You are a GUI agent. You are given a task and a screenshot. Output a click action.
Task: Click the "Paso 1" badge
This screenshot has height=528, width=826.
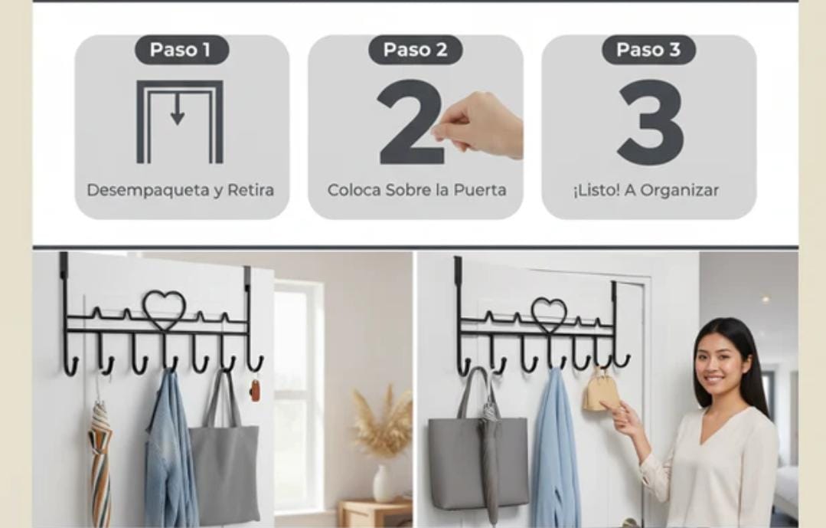[x=181, y=50]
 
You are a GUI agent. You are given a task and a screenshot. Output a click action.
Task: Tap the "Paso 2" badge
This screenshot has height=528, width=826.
[x=415, y=50]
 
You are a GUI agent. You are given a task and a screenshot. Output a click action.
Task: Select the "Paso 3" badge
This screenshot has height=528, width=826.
[x=648, y=50]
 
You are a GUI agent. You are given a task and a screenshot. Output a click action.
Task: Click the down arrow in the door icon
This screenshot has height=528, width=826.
[x=178, y=109]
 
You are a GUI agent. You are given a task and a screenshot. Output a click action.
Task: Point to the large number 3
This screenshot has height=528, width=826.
[x=651, y=123]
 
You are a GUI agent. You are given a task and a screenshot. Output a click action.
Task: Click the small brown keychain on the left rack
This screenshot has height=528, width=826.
[x=255, y=390]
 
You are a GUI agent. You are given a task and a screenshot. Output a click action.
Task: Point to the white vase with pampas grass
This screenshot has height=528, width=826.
[x=384, y=483]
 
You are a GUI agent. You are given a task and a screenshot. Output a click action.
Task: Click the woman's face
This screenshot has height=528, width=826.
[x=717, y=364]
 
